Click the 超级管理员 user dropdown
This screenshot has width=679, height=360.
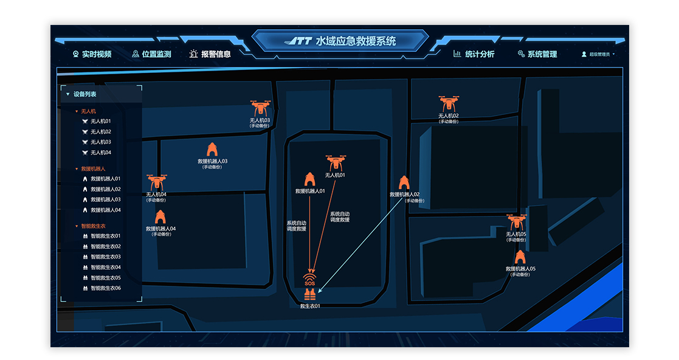coord(599,54)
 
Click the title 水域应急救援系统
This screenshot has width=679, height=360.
coord(356,41)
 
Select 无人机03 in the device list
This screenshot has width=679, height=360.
coord(100,142)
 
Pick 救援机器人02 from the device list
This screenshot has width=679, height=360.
coord(105,189)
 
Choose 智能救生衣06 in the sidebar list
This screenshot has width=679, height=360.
coord(105,288)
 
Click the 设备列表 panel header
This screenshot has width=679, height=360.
coord(84,94)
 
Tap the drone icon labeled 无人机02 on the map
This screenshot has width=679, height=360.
coord(449,104)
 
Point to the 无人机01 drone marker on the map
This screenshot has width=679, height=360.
coord(335,163)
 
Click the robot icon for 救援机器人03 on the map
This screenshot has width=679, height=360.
coord(212,150)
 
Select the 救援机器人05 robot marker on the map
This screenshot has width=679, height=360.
coord(520,257)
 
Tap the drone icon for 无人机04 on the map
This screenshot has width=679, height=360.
coord(156,182)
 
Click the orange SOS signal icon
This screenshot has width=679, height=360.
coord(309,280)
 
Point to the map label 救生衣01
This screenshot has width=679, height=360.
coord(310,306)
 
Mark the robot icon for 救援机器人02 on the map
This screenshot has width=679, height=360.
coord(404,183)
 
